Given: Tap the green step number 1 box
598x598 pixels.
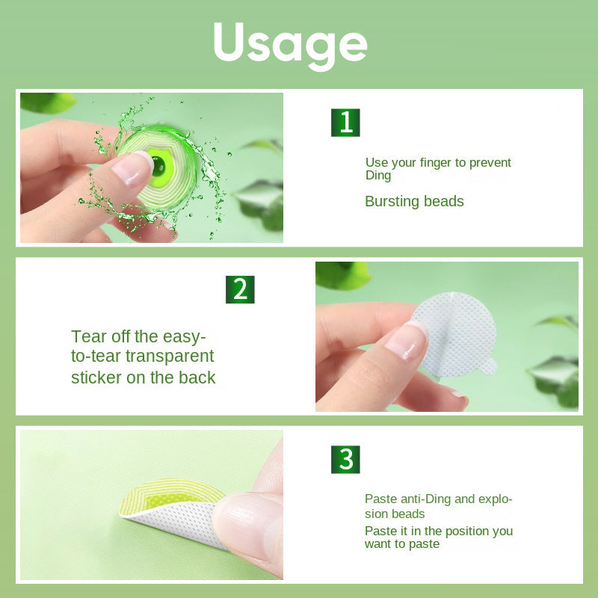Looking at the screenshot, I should click(x=345, y=123).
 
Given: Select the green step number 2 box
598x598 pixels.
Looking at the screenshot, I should click(x=240, y=289).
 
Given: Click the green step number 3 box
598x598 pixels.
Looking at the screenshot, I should click(x=345, y=459).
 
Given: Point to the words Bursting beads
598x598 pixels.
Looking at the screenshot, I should click(x=414, y=201).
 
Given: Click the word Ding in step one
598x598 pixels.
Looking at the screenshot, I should click(x=378, y=176).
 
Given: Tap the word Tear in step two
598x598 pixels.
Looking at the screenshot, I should click(x=88, y=336).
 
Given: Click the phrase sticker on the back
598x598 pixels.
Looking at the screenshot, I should click(x=144, y=377).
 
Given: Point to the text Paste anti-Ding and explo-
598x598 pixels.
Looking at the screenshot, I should click(x=438, y=499).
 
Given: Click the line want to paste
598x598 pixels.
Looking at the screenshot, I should click(x=402, y=544).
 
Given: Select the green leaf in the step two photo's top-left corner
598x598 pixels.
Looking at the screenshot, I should click(x=342, y=274).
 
